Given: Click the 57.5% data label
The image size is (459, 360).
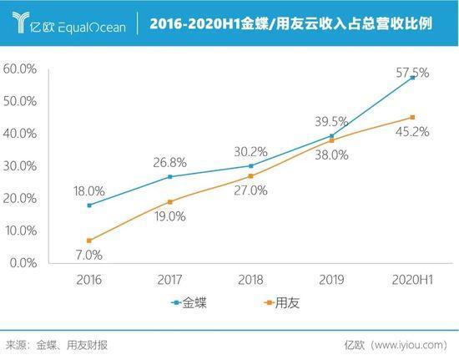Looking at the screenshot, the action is (412, 73).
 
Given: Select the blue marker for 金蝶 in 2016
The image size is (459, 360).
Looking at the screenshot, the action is (89, 205).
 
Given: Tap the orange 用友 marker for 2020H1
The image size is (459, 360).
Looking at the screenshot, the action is (412, 118).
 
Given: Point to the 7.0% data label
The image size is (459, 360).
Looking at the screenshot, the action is (89, 255).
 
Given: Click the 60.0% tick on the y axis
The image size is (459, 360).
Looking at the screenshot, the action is (20, 69).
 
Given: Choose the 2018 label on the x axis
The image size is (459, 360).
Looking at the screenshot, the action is (250, 280).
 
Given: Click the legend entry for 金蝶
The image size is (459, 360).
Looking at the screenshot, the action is (189, 302).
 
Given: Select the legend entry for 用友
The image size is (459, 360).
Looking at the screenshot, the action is (281, 302).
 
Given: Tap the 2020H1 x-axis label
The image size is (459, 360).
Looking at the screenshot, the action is (412, 280).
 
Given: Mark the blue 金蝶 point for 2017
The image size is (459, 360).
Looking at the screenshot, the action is (170, 176).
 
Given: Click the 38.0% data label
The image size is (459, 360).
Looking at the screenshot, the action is (331, 155).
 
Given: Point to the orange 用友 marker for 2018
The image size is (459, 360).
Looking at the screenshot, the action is (250, 176).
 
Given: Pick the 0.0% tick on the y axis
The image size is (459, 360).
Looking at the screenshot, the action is (23, 263).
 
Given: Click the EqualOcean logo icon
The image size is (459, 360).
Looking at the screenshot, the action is (21, 22).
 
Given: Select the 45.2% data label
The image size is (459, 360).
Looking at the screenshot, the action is (412, 132).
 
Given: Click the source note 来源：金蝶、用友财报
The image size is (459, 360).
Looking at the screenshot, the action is (57, 345).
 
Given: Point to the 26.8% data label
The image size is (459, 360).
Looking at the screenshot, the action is (169, 163).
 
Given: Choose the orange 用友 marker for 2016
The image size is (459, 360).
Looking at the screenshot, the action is (89, 241).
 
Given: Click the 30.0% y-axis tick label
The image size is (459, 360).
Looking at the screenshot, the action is (20, 166).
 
